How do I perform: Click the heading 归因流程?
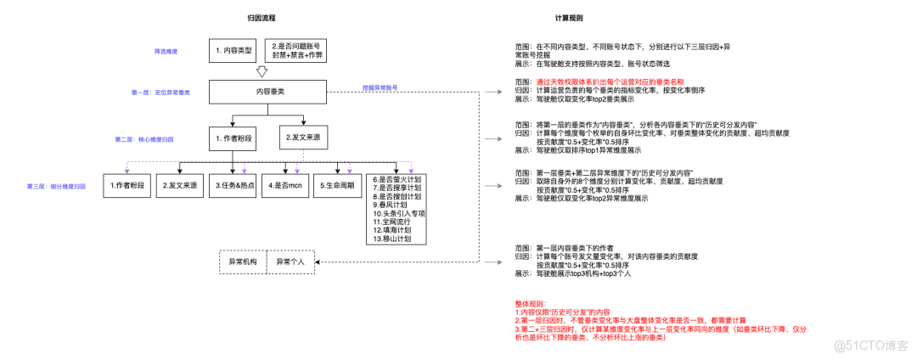click(x=260, y=18)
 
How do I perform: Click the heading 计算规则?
click(x=569, y=18)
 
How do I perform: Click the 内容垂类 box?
click(x=267, y=91)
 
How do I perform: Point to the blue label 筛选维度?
click(x=166, y=52)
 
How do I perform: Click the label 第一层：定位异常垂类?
click(x=160, y=92)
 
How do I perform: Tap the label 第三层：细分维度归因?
click(x=56, y=185)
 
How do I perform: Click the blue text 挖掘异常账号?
click(x=380, y=87)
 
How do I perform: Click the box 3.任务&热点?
click(x=233, y=185)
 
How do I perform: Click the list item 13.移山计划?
click(x=391, y=239)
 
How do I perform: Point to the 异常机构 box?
click(x=243, y=262)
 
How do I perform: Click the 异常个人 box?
click(x=290, y=262)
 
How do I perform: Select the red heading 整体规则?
click(x=531, y=303)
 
